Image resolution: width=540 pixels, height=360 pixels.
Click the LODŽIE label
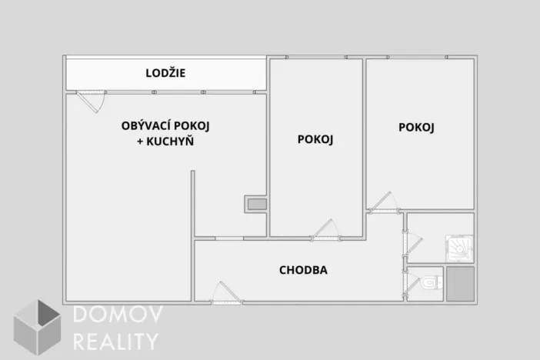pyautogui.click(x=165, y=74)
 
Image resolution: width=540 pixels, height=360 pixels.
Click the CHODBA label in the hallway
pyautogui.click(x=304, y=270)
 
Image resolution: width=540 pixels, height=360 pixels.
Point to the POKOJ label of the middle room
pyautogui.click(x=315, y=139)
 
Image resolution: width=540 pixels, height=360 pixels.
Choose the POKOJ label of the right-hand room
pyautogui.click(x=416, y=128)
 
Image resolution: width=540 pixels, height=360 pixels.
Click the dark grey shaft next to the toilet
pyautogui.click(x=459, y=284)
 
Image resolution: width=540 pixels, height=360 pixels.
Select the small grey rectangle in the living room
pyautogui.click(x=256, y=205)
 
